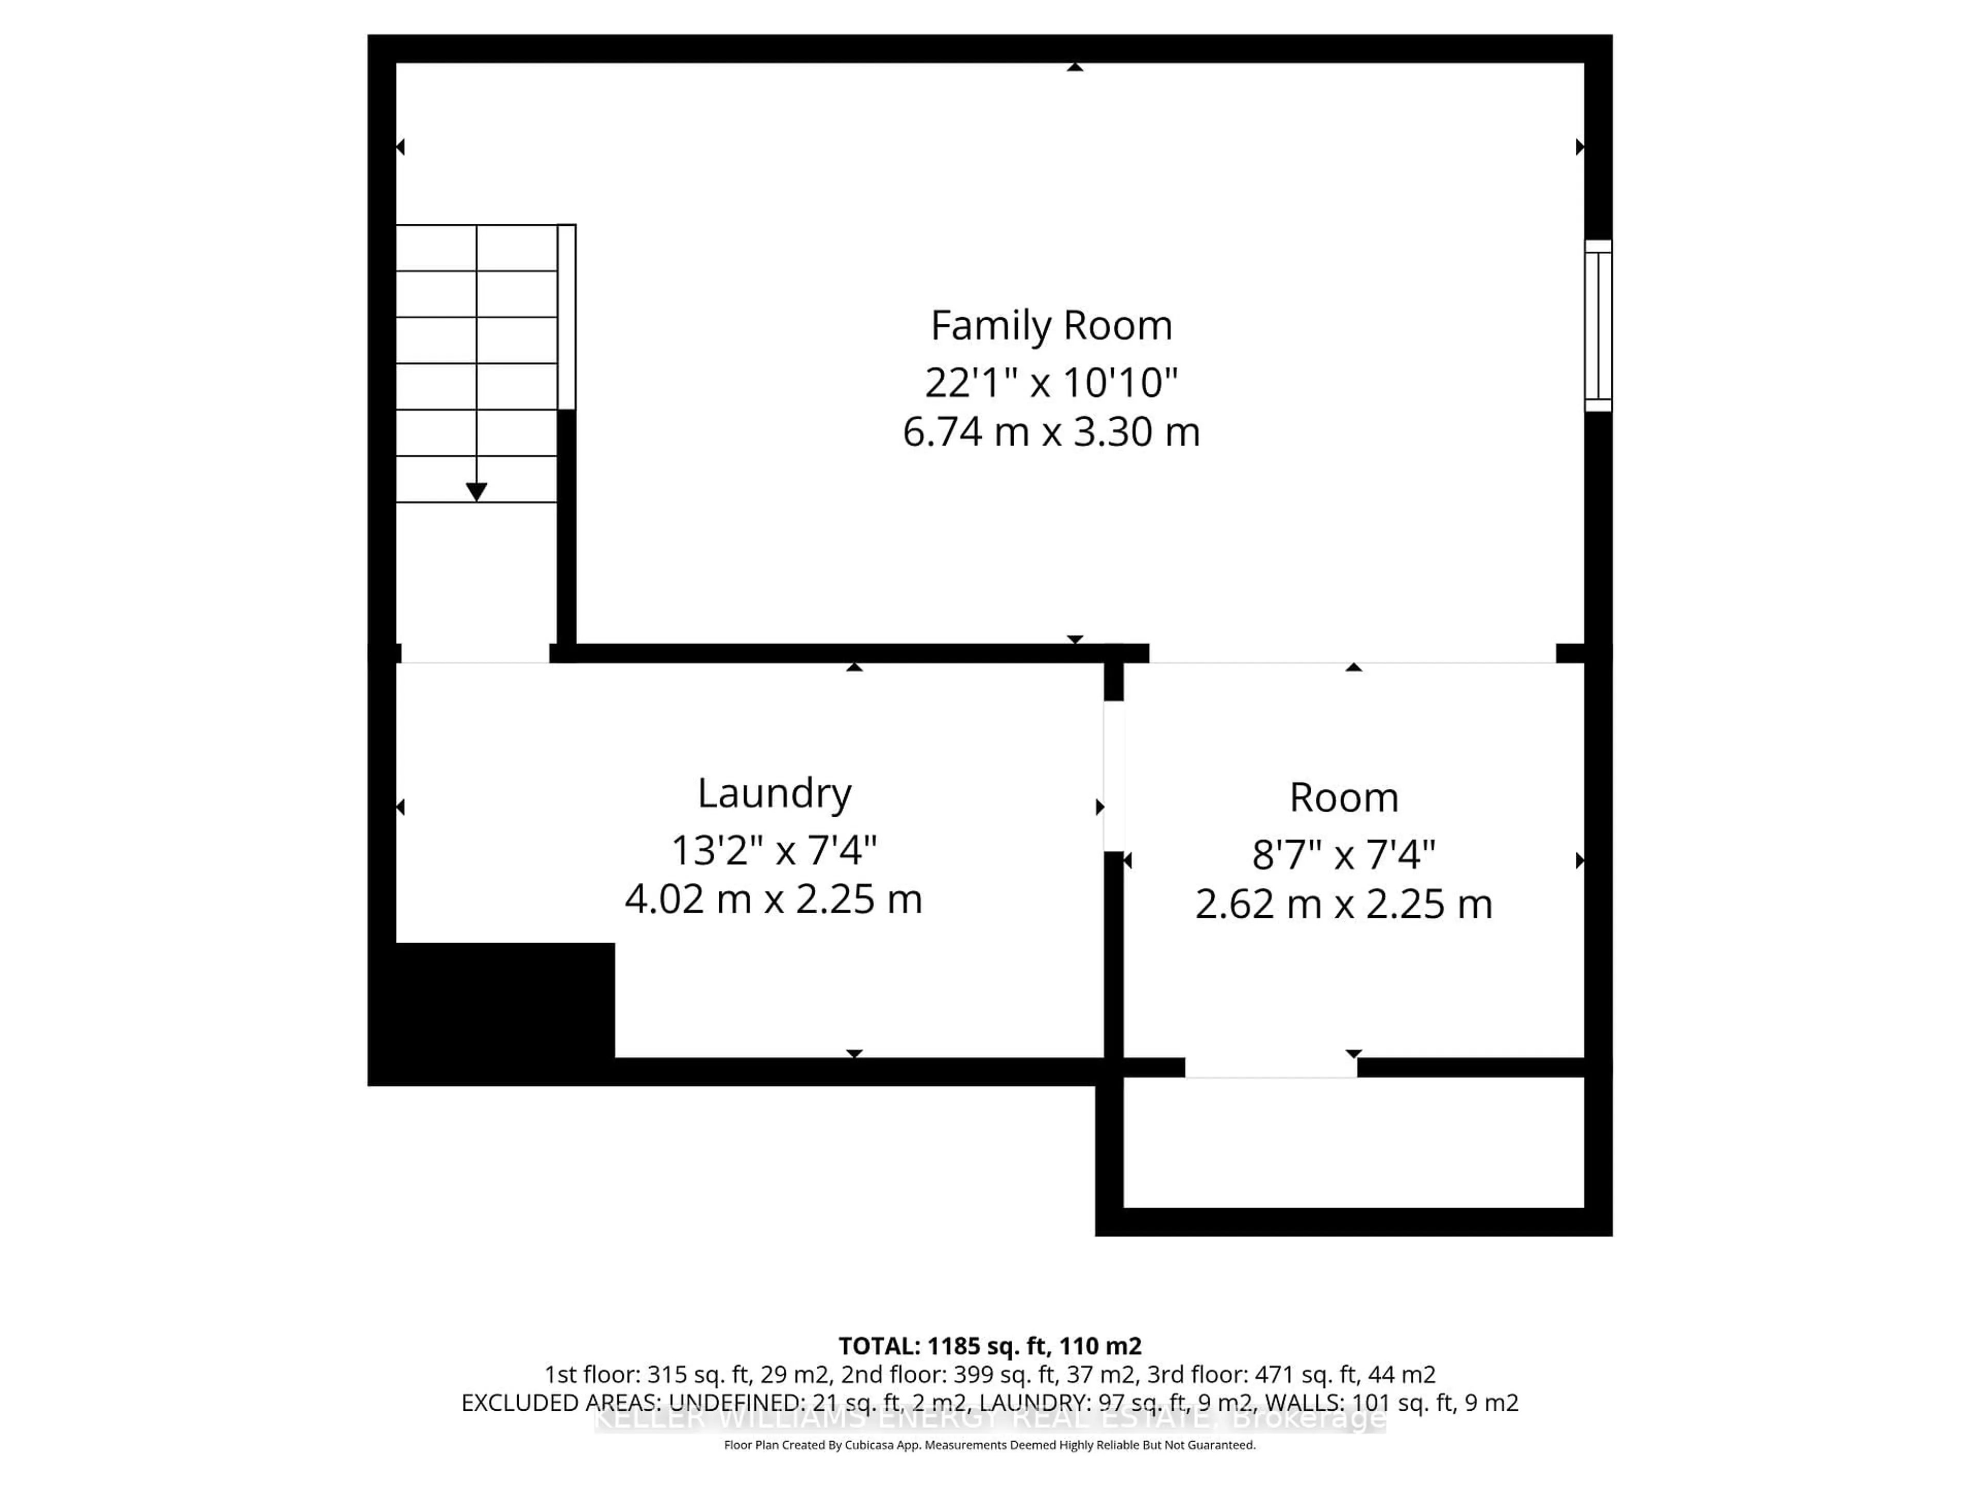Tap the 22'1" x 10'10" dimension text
(1051, 383)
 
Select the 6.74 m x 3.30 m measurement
(1051, 432)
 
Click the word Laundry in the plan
(774, 793)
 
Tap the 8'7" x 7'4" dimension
(1344, 855)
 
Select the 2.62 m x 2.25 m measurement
(1344, 904)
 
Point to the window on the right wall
(1598, 326)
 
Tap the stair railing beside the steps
(567, 317)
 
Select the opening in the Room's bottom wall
(1271, 1067)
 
